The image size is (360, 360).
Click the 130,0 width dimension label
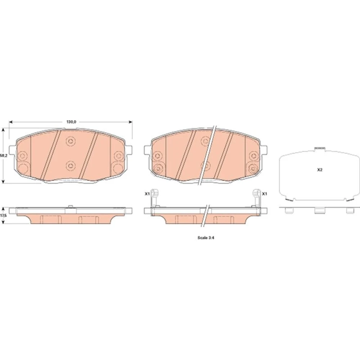pyautogui.click(x=71, y=122)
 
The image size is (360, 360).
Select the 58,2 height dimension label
pyautogui.click(x=3, y=156)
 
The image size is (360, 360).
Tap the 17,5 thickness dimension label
pyautogui.click(x=3, y=216)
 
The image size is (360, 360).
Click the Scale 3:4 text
pyautogui.click(x=206, y=238)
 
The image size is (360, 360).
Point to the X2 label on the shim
pyautogui.click(x=320, y=170)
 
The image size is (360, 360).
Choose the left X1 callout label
pyautogui.click(x=147, y=194)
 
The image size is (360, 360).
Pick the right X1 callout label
pyautogui.click(x=265, y=194)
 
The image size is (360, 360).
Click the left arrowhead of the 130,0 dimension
pyautogui.click(x=10, y=122)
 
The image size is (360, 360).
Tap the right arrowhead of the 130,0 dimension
pyautogui.click(x=131, y=122)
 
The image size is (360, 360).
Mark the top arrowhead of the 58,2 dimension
pyautogui.click(x=3, y=130)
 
